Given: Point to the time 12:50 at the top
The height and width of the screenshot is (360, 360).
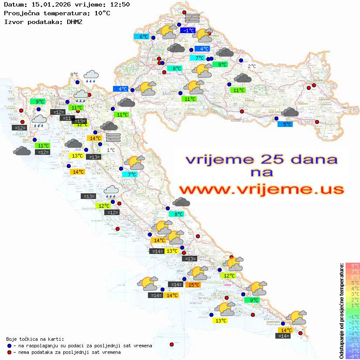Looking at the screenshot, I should click(x=119, y=5).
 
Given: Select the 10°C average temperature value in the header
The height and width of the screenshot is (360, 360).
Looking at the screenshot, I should click(x=102, y=13).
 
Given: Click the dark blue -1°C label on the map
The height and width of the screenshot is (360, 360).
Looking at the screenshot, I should click(x=189, y=31).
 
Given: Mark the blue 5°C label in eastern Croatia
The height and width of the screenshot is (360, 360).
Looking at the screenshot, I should click(x=285, y=124).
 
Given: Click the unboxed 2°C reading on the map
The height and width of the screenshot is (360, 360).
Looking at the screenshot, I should click(x=252, y=66).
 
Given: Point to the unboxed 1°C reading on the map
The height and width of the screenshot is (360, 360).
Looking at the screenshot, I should click(x=111, y=150).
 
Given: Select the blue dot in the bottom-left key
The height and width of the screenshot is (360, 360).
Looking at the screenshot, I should click(x=9, y=346).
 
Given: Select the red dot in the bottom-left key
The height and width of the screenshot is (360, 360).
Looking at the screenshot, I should click(x=9, y=352).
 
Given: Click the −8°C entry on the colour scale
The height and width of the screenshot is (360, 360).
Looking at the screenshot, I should click(x=353, y=356).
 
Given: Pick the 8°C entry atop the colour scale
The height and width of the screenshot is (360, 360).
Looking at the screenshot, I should click(x=353, y=265).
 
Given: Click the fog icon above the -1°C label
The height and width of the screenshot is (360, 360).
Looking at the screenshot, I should click(x=192, y=18).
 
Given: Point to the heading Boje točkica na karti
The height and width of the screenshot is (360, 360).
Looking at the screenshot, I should click(x=35, y=339).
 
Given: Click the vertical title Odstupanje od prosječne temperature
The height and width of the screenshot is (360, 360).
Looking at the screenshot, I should click(x=342, y=310).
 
